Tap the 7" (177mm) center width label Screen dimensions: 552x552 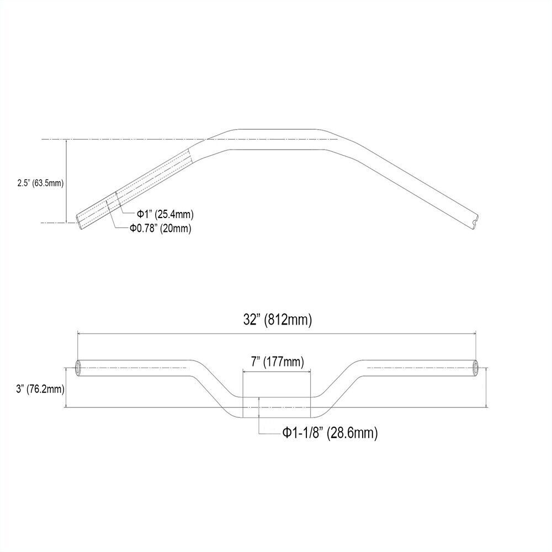(276, 363)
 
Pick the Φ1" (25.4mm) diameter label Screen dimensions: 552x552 (165, 213)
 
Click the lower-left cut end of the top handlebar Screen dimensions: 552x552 (81, 221)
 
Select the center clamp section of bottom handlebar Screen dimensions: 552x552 (277, 407)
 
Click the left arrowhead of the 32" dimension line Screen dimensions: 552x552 (79, 333)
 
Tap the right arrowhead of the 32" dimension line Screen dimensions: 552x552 (474, 333)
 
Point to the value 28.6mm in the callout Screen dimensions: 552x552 (352, 434)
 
